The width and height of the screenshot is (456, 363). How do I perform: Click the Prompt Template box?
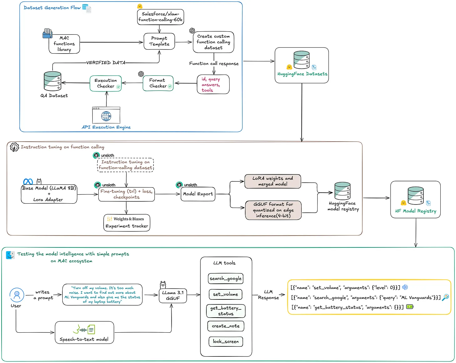pyautogui.click(x=159, y=41)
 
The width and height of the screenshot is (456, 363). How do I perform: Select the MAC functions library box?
pyautogui.click(x=64, y=44)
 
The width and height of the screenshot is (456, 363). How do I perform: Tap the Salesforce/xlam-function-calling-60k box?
pyautogui.click(x=160, y=17)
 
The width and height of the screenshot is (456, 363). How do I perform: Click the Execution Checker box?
pyautogui.click(x=106, y=84)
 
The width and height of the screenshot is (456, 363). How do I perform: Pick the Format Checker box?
pyautogui.click(x=158, y=83)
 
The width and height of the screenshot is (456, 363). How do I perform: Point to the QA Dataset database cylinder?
pyautogui.click(x=52, y=81)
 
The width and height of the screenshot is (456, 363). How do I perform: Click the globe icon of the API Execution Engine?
pyautogui.click(x=106, y=116)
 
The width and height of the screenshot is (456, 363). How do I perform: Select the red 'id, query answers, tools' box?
pyautogui.click(x=213, y=84)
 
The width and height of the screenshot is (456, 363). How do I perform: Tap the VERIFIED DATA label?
pyautogui.click(x=106, y=63)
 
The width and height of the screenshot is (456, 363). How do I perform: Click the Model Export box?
pyautogui.click(x=198, y=194)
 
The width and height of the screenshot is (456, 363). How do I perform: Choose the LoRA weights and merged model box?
pyautogui.click(x=272, y=181)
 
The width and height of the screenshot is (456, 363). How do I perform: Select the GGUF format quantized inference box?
pyautogui.click(x=273, y=210)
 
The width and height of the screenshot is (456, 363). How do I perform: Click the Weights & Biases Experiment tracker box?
pyautogui.click(x=127, y=222)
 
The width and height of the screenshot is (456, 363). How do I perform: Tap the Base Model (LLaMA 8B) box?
pyautogui.click(x=49, y=194)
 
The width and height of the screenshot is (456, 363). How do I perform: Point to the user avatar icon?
pyautogui.click(x=17, y=295)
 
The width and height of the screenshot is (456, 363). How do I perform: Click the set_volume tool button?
pyautogui.click(x=225, y=294)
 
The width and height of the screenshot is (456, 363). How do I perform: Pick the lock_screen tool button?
pyautogui.click(x=226, y=341)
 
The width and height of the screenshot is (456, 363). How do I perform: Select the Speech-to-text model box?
pyautogui.click(x=84, y=332)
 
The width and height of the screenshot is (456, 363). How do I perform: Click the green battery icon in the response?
pyautogui.click(x=410, y=307)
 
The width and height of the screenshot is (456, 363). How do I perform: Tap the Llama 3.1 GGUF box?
pyautogui.click(x=173, y=295)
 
